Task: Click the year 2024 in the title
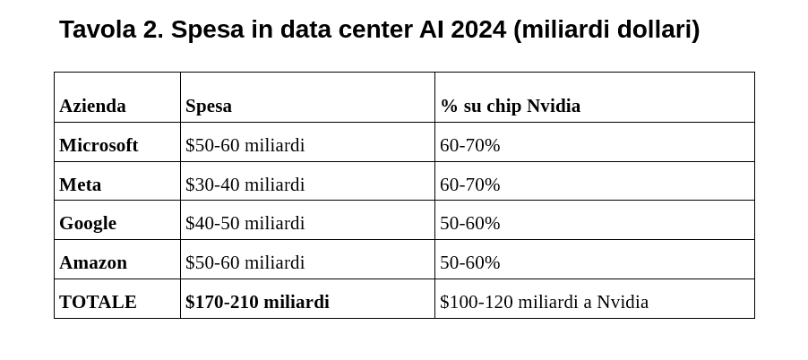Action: tap(478, 30)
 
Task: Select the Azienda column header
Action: tap(92, 106)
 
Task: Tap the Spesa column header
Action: tap(209, 106)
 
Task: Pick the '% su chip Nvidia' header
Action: tap(510, 106)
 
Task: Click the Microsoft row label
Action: tap(99, 145)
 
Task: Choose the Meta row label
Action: tap(80, 184)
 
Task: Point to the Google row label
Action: tap(88, 223)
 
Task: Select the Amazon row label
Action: tap(93, 262)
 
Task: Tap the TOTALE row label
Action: tap(98, 302)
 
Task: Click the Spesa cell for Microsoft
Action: tap(245, 145)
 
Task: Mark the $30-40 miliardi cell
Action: tap(245, 184)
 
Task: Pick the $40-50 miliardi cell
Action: tap(245, 223)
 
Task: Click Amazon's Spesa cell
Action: tap(245, 262)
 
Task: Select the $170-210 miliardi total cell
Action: tap(257, 302)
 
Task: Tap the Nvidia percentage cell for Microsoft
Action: tap(469, 145)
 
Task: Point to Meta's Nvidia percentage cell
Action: tap(469, 184)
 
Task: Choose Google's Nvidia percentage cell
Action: tap(469, 223)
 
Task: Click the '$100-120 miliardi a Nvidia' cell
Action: tap(544, 302)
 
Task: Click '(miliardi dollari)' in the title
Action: tap(606, 30)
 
